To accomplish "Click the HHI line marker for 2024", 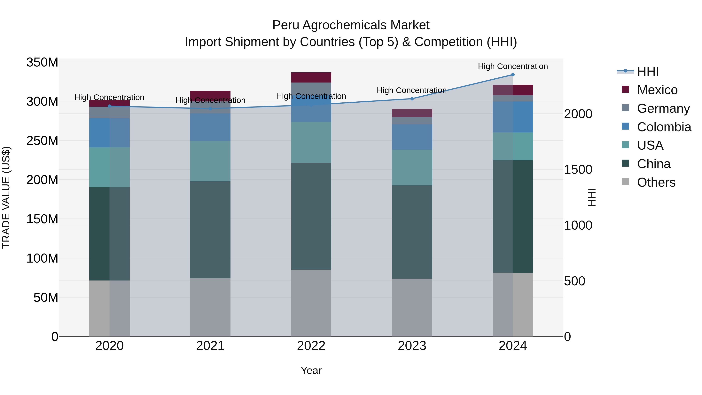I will [x=513, y=75].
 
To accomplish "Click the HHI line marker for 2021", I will [x=210, y=109].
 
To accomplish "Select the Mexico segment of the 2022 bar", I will [x=311, y=77].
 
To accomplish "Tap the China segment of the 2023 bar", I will [x=412, y=232].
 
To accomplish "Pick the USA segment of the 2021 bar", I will [x=210, y=161].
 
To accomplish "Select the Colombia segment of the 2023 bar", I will [x=412, y=137].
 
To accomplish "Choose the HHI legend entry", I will [x=648, y=71].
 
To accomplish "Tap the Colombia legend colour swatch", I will [x=625, y=126].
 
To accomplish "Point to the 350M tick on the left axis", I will [x=42, y=62].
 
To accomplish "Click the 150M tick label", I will [x=42, y=219].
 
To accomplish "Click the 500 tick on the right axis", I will [x=574, y=281].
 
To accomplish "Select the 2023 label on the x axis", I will [x=412, y=346].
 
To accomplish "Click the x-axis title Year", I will [x=311, y=370].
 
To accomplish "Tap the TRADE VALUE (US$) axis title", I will [x=6, y=197].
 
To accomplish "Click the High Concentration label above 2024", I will [x=513, y=66].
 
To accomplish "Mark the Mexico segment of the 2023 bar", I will [x=412, y=113].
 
